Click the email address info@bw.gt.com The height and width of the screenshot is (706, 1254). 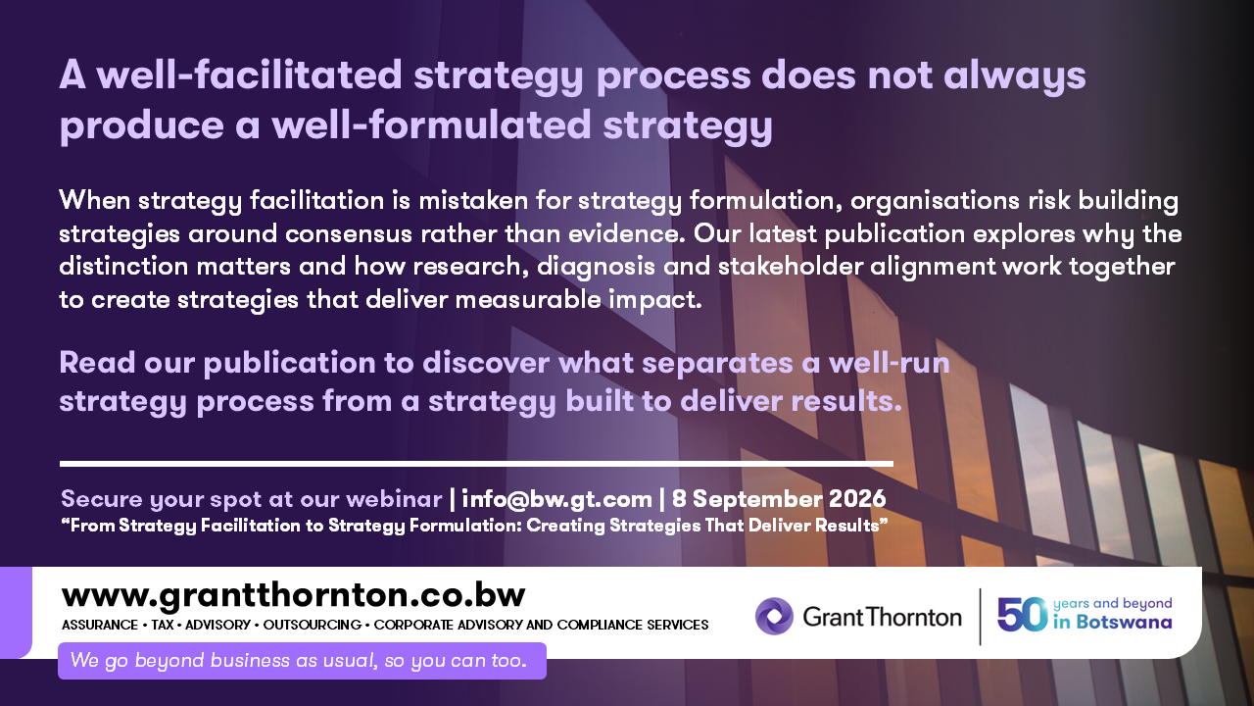(x=557, y=499)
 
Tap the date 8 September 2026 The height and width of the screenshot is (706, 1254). (x=779, y=499)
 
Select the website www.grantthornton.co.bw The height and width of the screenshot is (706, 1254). (x=293, y=596)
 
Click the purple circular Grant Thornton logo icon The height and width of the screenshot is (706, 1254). (x=774, y=617)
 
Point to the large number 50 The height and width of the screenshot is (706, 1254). (x=1022, y=615)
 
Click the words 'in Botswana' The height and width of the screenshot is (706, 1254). (x=1112, y=623)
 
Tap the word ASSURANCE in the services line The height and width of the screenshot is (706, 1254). (x=100, y=625)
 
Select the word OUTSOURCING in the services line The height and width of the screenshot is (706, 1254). (x=312, y=625)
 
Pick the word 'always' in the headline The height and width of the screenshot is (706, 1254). (x=1014, y=76)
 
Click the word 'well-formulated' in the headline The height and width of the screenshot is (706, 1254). (x=432, y=125)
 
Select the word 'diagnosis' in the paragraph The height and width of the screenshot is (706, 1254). (x=597, y=267)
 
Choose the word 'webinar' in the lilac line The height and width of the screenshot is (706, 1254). (x=394, y=499)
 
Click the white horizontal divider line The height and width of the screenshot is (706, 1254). (x=476, y=464)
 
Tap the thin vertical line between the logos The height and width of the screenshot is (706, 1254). (x=980, y=617)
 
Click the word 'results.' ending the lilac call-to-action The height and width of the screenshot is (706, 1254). (x=846, y=401)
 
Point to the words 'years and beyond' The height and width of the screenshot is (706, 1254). (x=1112, y=604)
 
